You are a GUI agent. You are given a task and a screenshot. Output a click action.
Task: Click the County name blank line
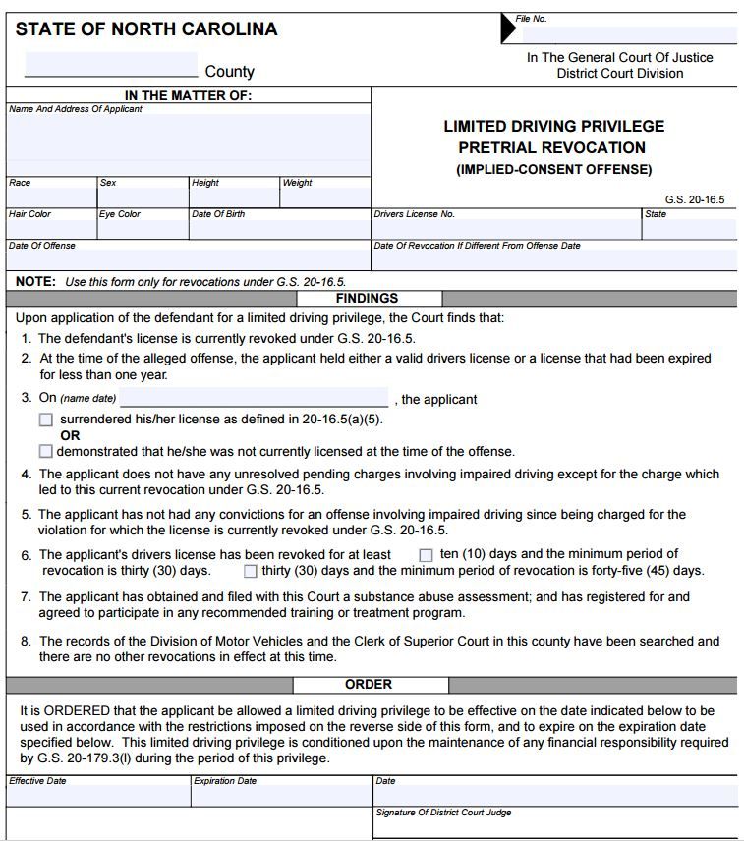pyautogui.click(x=111, y=65)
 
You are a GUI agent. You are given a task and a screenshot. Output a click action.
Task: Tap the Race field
pyautogui.click(x=51, y=196)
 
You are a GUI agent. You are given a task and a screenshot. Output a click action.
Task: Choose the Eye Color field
pyautogui.click(x=143, y=228)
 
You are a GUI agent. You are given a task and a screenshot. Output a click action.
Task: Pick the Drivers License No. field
pyautogui.click(x=506, y=229)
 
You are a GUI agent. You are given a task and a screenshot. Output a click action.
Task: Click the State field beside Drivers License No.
pyautogui.click(x=689, y=229)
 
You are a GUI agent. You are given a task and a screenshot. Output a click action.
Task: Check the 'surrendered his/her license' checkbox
pyautogui.click(x=46, y=420)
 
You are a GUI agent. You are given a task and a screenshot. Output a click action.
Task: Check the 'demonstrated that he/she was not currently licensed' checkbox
pyautogui.click(x=46, y=452)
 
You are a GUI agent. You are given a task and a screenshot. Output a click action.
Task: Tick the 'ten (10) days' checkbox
pyautogui.click(x=427, y=555)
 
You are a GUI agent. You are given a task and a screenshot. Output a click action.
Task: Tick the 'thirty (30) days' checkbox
pyautogui.click(x=251, y=571)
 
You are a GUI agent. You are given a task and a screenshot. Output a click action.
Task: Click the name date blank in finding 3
pyautogui.click(x=254, y=399)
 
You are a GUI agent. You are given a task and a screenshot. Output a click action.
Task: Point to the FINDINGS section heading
pyautogui.click(x=367, y=298)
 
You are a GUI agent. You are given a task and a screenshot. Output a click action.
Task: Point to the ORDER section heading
pyautogui.click(x=369, y=684)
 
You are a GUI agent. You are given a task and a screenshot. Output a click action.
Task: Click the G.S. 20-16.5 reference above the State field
pyautogui.click(x=694, y=199)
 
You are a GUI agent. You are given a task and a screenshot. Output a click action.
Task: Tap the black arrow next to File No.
pyautogui.click(x=508, y=29)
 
